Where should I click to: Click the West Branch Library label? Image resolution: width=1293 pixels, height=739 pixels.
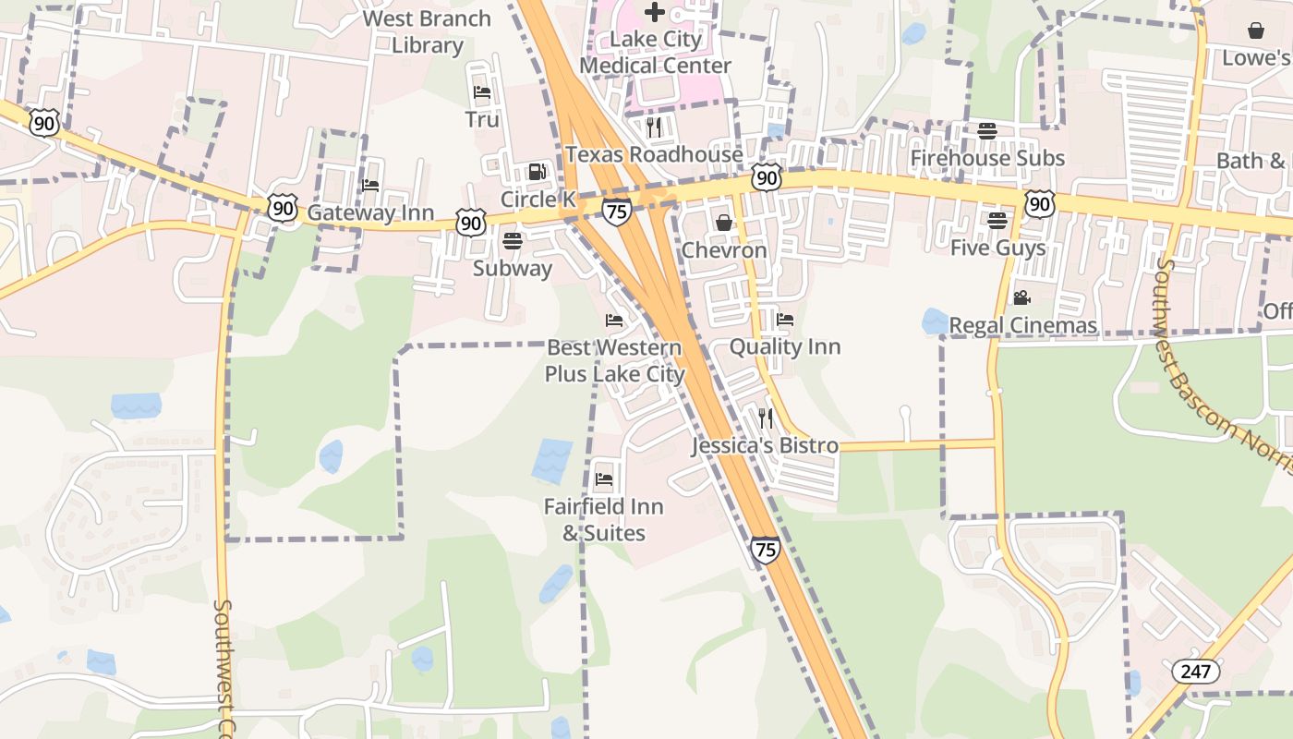[x=427, y=31]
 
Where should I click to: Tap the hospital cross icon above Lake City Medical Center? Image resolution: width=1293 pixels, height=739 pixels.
[x=655, y=12]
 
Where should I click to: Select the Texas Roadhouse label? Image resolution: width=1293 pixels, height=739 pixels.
[x=654, y=154]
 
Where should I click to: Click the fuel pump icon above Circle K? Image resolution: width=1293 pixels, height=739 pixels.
[x=537, y=172]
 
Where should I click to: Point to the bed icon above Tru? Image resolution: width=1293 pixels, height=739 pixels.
[x=482, y=92]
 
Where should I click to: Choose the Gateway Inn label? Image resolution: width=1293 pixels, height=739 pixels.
[x=370, y=212]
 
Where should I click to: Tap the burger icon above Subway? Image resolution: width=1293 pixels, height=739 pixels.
[x=513, y=241]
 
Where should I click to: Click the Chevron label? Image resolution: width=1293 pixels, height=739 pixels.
[x=724, y=250]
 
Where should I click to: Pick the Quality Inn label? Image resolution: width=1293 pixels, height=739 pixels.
[x=785, y=346]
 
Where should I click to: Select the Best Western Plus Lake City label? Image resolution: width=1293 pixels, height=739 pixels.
[x=614, y=361]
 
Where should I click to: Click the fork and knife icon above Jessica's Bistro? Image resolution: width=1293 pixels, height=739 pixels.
[x=765, y=418]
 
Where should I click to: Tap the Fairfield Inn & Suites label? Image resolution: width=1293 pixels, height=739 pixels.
[x=604, y=519]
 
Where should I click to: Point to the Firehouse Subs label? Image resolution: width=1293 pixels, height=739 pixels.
[x=987, y=158]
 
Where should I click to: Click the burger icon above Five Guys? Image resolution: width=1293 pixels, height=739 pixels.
[x=997, y=221]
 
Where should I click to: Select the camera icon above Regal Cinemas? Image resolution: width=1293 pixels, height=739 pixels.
[x=1021, y=297]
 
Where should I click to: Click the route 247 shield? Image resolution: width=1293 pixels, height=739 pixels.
[x=1195, y=672]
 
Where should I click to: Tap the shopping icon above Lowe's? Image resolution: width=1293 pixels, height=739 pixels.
[x=1256, y=30]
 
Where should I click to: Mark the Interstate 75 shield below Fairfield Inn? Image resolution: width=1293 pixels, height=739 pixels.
[x=765, y=549]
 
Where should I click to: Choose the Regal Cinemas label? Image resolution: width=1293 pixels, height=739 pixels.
[x=1022, y=325]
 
